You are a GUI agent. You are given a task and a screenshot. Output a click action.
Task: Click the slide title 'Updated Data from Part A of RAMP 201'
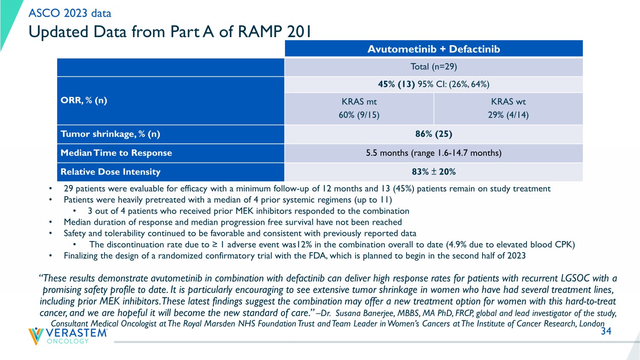pos(170,32)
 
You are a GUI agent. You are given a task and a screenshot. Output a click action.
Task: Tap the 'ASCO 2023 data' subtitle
pos(70,13)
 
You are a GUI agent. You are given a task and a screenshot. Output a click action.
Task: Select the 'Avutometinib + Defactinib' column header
pos(433,49)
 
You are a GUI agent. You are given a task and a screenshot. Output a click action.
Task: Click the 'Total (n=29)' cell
pos(433,67)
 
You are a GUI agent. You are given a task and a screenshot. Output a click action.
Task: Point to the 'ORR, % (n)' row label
pos(84,100)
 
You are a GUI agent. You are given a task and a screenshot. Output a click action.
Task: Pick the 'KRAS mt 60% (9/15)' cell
pos(359,108)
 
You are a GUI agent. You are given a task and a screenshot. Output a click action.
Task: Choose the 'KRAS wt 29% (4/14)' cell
pos(508,108)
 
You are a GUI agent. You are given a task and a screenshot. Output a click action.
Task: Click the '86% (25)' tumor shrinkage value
pos(433,134)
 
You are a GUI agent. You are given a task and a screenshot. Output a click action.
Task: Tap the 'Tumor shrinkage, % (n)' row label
pos(110,134)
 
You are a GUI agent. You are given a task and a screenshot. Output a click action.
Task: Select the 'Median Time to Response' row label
pos(116,153)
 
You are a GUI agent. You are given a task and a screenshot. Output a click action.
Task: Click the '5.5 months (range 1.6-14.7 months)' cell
pos(433,153)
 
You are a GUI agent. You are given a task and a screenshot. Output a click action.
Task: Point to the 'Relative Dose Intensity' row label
pos(111,172)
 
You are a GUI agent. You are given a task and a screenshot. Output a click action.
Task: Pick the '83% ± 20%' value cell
pos(433,172)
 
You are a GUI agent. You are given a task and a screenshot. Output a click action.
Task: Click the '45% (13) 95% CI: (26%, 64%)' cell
pos(433,84)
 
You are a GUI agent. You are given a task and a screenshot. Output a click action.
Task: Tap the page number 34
pos(606,331)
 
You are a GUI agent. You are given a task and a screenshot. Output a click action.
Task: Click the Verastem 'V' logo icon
pos(36,336)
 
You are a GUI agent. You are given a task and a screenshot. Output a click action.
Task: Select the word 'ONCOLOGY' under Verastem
pos(68,341)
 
